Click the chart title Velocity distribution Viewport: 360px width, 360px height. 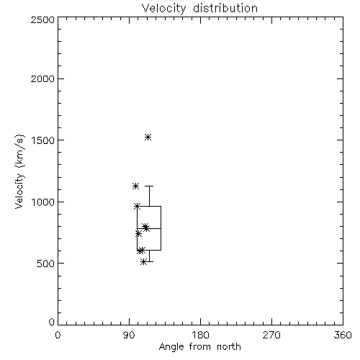pyautogui.click(x=199, y=9)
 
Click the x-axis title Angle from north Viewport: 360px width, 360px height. pyautogui.click(x=199, y=347)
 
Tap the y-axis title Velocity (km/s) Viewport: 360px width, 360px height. pyautogui.click(x=19, y=171)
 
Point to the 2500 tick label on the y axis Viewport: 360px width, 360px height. pyautogui.click(x=42, y=19)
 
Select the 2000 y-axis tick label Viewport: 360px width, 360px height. pyautogui.click(x=42, y=78)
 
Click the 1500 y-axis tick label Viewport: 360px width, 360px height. pyautogui.click(x=43, y=140)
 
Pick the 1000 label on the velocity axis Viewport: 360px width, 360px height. pyautogui.click(x=43, y=202)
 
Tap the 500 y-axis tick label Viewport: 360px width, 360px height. pyautogui.click(x=46, y=264)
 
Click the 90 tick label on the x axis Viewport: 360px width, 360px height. pyautogui.click(x=129, y=335)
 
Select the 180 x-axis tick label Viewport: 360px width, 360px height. pyautogui.click(x=200, y=335)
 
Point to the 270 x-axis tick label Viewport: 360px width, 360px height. pyautogui.click(x=271, y=335)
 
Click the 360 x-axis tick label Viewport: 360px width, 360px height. pyautogui.click(x=343, y=335)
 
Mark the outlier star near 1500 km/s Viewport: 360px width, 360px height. pyautogui.click(x=148, y=138)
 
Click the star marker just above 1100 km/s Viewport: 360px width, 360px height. pyautogui.click(x=135, y=186)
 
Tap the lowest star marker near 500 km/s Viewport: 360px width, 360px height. pyautogui.click(x=143, y=261)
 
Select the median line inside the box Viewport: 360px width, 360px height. pyautogui.click(x=149, y=228)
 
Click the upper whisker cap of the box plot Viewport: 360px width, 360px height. pyautogui.click(x=149, y=186)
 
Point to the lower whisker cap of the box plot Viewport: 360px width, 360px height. pyautogui.click(x=149, y=261)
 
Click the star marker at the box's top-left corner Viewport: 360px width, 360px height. pyautogui.click(x=137, y=206)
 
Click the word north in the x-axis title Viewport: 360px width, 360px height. pyautogui.click(x=229, y=347)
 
